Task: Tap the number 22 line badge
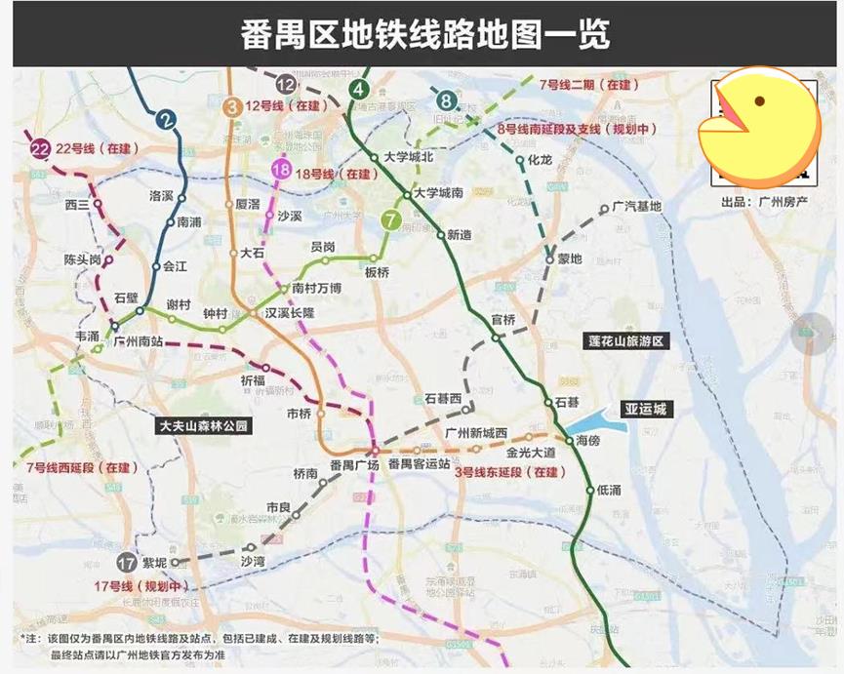(40, 148)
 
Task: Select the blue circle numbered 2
(168, 121)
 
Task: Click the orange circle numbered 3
(232, 107)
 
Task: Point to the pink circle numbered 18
(281, 172)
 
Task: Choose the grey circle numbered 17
(126, 563)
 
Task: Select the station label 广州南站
(138, 341)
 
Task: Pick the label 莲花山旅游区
(625, 341)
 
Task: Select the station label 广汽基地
(636, 207)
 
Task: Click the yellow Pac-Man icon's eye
(758, 101)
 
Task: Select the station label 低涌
(608, 490)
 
